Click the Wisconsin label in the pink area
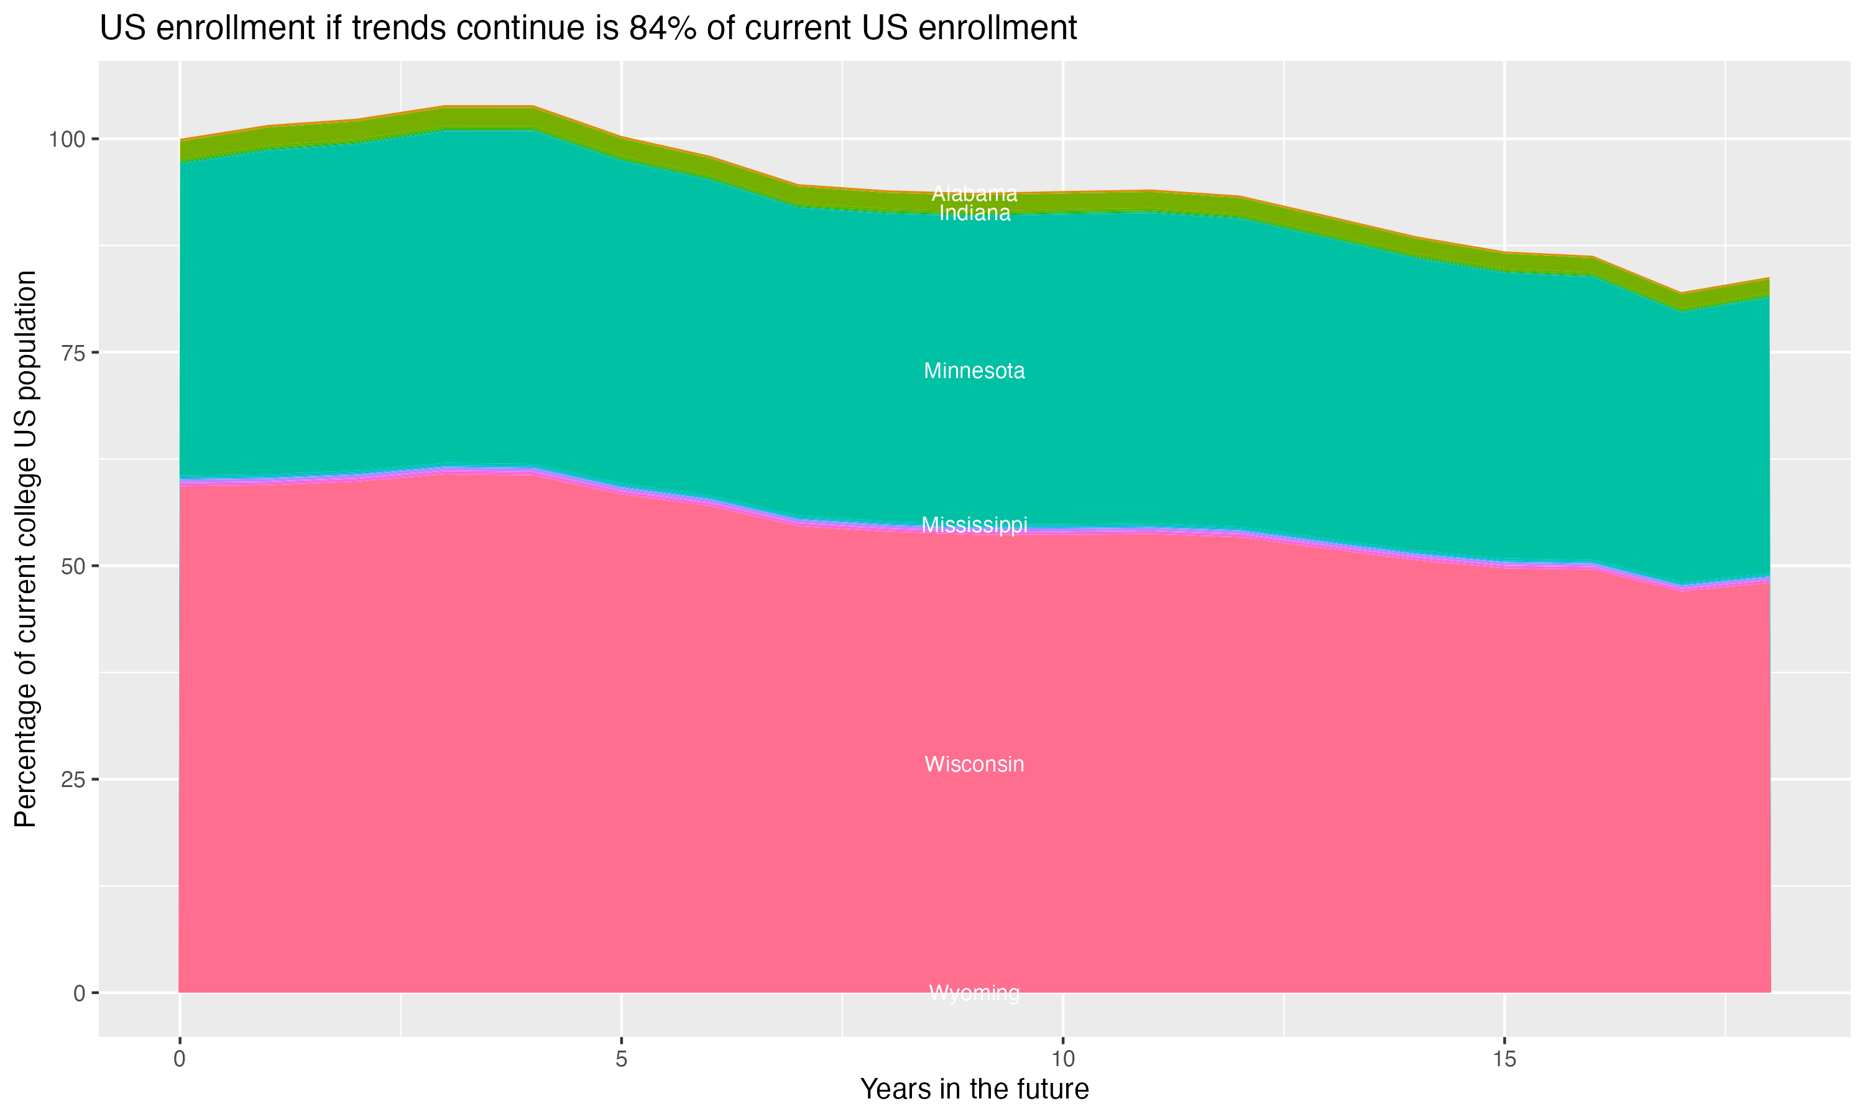[974, 765]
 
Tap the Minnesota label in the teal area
[974, 371]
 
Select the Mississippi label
[974, 525]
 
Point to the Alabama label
[974, 194]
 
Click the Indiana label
[974, 213]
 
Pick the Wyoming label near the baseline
[974, 993]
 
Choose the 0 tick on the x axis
[180, 1059]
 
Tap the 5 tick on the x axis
[621, 1059]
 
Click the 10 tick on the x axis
[1062, 1059]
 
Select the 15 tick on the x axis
[1504, 1059]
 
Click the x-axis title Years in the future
[974, 1090]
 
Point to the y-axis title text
[25, 548]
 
